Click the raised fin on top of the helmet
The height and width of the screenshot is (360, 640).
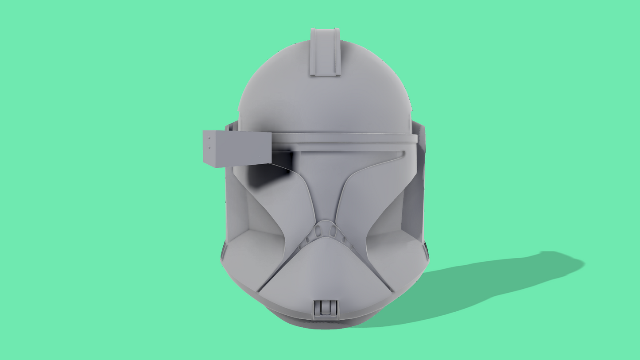pos(325,52)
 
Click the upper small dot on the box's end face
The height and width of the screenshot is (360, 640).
pos(209,139)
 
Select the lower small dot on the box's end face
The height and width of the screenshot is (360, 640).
pos(209,148)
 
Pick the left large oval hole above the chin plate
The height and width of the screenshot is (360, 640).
pos(318,231)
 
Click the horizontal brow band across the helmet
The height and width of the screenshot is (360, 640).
pos(345,139)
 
